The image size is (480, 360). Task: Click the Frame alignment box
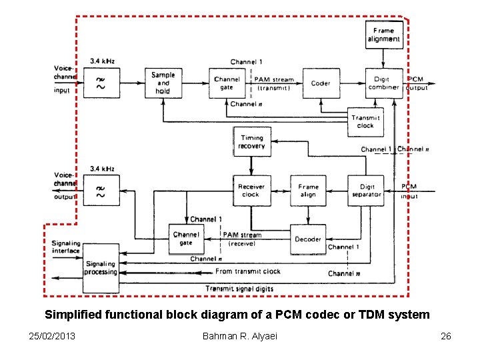click(x=384, y=35)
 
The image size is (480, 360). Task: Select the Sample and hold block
click(x=163, y=83)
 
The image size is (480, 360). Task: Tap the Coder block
click(x=321, y=83)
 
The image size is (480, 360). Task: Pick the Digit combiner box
click(x=384, y=83)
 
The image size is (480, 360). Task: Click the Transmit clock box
click(x=365, y=122)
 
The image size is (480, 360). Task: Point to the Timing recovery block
click(x=251, y=142)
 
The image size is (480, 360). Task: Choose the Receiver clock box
click(x=251, y=191)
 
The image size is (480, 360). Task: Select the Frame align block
click(x=309, y=191)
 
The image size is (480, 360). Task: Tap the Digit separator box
click(x=367, y=191)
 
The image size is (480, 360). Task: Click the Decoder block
click(x=308, y=239)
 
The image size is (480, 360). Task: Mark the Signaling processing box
click(x=101, y=267)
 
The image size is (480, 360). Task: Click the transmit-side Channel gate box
click(x=227, y=83)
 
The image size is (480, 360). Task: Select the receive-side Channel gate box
click(x=186, y=239)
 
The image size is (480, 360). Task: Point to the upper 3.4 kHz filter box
click(x=101, y=83)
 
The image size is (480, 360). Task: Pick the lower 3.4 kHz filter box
click(x=101, y=191)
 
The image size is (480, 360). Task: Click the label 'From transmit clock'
click(x=248, y=271)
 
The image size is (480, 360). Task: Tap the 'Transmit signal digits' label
click(x=239, y=289)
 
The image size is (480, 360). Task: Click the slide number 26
click(x=446, y=335)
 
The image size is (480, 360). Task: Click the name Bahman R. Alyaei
click(x=239, y=335)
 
